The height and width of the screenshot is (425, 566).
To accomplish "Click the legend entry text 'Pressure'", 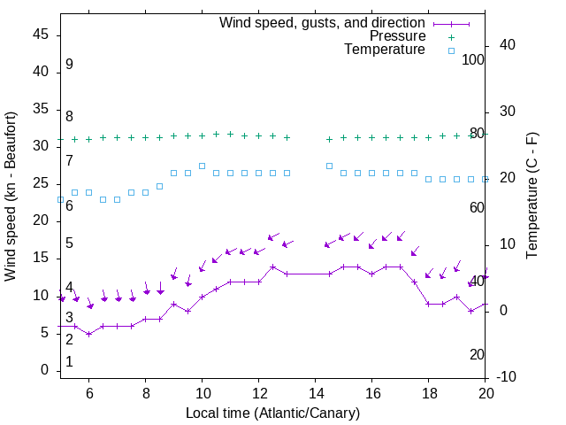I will pos(397,36).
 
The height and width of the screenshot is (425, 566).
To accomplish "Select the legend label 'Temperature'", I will pos(385,50).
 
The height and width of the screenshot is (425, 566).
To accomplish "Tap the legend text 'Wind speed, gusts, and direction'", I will pos(323,23).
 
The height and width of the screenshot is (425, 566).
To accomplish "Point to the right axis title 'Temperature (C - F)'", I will pos(532,197).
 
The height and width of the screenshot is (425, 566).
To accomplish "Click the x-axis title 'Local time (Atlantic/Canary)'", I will pos(272,413).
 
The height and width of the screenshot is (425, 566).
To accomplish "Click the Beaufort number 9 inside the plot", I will pos(69,65).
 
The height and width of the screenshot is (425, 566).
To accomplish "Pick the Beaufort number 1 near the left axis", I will pos(69,362).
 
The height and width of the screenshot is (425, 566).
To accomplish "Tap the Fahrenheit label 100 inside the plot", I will pos(474,59).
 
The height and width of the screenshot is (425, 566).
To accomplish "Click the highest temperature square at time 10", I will pos(203,166).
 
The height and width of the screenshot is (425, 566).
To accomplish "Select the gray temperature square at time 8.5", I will pos(160,186).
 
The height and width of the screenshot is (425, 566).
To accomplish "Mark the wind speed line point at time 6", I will pos(89,334).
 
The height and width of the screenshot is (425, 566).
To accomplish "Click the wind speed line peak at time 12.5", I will pos(273,267).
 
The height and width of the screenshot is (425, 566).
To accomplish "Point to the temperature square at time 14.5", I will pos(330,166).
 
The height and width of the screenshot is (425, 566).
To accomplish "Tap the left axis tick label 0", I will pos(45,371).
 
